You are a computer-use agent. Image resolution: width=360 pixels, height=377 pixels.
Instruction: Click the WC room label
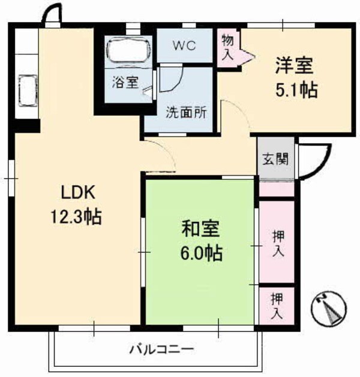(x=185, y=45)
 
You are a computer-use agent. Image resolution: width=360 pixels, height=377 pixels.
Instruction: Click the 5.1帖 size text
(x=295, y=91)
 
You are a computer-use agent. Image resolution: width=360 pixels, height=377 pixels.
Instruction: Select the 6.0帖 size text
(x=201, y=254)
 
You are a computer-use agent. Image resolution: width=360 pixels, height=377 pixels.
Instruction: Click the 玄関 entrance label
(x=276, y=159)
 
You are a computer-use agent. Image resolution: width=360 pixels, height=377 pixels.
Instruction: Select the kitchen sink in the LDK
(x=27, y=91)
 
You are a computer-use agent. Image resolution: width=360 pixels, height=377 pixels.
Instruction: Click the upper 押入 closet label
(x=277, y=243)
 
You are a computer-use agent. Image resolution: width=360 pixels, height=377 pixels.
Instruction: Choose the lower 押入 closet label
(x=277, y=304)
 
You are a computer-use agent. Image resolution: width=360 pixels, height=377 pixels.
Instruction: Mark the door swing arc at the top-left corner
(x=52, y=14)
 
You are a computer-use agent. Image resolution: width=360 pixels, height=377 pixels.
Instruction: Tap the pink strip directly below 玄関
(x=276, y=188)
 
